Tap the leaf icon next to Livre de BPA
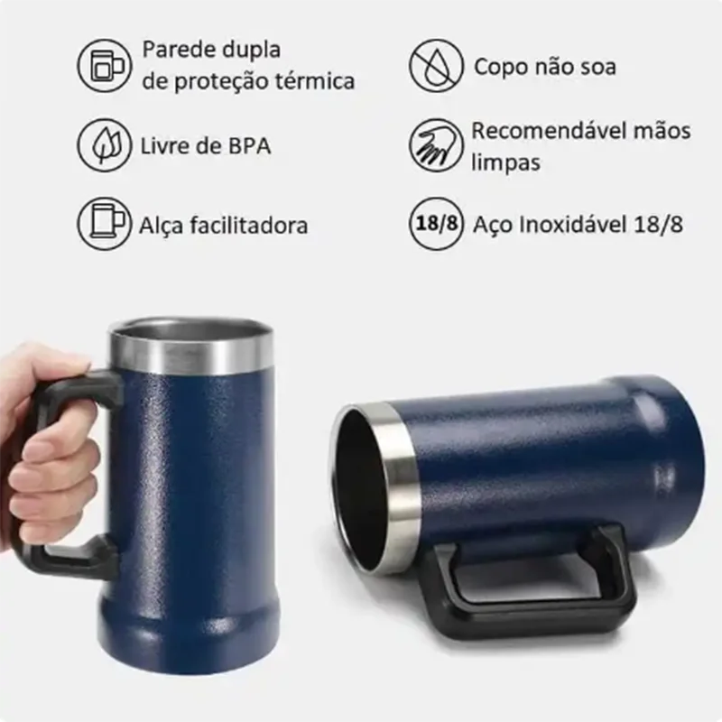click(104, 144)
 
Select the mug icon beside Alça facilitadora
click(104, 224)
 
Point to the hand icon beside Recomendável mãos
click(436, 144)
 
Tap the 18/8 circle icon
click(436, 224)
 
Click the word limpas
click(504, 162)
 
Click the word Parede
click(176, 49)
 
